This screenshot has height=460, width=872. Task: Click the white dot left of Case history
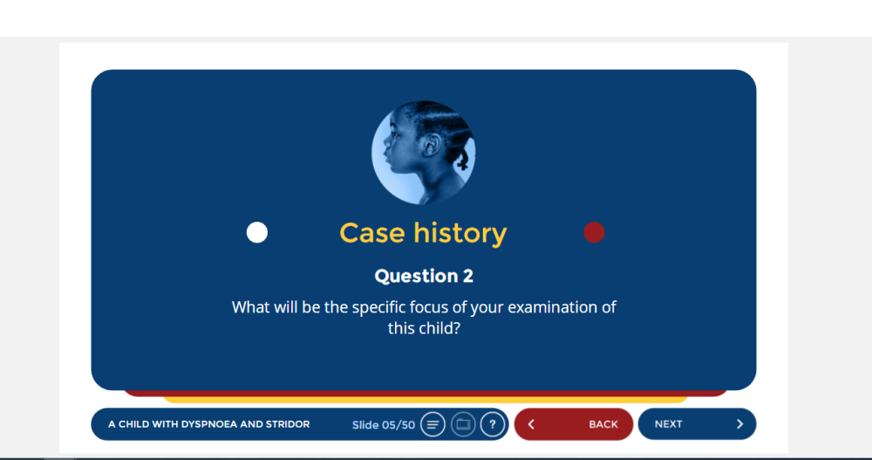257,232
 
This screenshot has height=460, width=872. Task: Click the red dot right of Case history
594,232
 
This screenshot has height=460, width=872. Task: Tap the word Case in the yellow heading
372,233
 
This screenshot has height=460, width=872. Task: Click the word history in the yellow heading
460,234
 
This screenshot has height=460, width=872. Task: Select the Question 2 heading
424,276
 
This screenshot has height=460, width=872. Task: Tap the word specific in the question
378,307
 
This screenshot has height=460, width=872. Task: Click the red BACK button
574,424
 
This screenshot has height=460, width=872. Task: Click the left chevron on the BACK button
531,424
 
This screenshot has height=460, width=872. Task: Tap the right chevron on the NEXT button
739,424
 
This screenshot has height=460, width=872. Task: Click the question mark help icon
492,425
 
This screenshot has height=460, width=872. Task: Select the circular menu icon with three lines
433,425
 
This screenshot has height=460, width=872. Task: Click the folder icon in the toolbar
463,425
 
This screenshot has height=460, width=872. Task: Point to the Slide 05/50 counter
383,425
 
